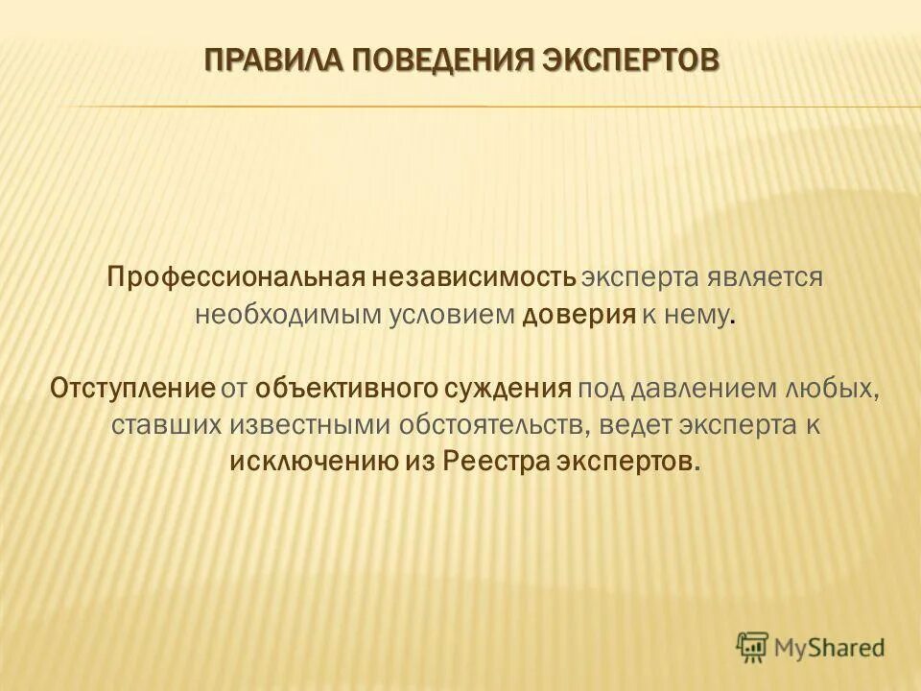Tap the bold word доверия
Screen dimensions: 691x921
[x=579, y=315]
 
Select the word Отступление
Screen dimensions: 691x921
[x=131, y=388]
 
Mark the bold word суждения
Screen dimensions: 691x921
[x=514, y=388]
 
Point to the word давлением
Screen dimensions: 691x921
[x=710, y=388]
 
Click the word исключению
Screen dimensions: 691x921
[x=314, y=461]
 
